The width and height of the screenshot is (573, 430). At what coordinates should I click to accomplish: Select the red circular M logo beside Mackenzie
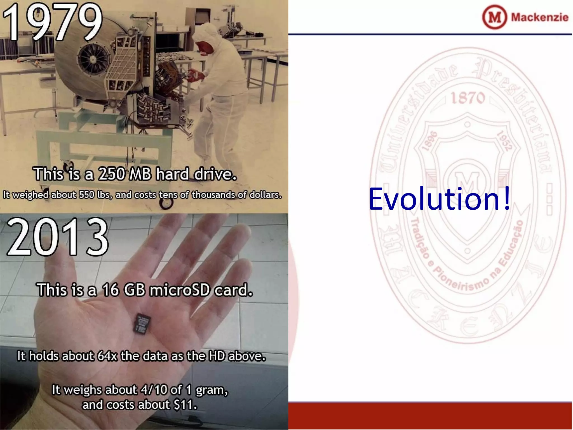pyautogui.click(x=494, y=17)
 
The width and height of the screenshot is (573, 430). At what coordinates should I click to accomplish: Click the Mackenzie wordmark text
pyautogui.click(x=539, y=17)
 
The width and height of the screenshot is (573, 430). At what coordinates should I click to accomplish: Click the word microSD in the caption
pyautogui.click(x=179, y=290)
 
